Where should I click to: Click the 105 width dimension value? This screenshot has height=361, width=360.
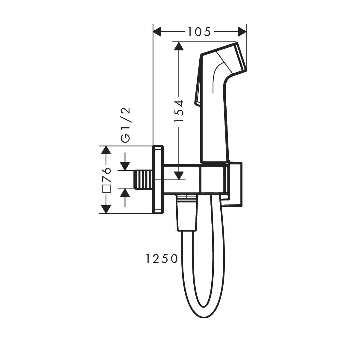point(199,32)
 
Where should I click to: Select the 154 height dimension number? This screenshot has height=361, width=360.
point(179,111)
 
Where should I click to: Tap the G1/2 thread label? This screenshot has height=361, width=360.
point(126,125)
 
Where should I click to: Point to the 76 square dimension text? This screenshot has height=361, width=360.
point(106,175)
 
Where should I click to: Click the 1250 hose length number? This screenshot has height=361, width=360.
point(162,258)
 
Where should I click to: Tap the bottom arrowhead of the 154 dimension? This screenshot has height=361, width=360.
point(179,175)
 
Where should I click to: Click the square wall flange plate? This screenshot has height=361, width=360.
point(158,180)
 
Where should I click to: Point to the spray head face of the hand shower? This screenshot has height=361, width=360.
point(242,57)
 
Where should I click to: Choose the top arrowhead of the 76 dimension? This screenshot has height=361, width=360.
point(105,150)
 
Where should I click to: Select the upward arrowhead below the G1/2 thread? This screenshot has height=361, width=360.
point(125,193)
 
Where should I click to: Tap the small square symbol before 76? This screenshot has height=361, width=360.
point(106,189)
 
